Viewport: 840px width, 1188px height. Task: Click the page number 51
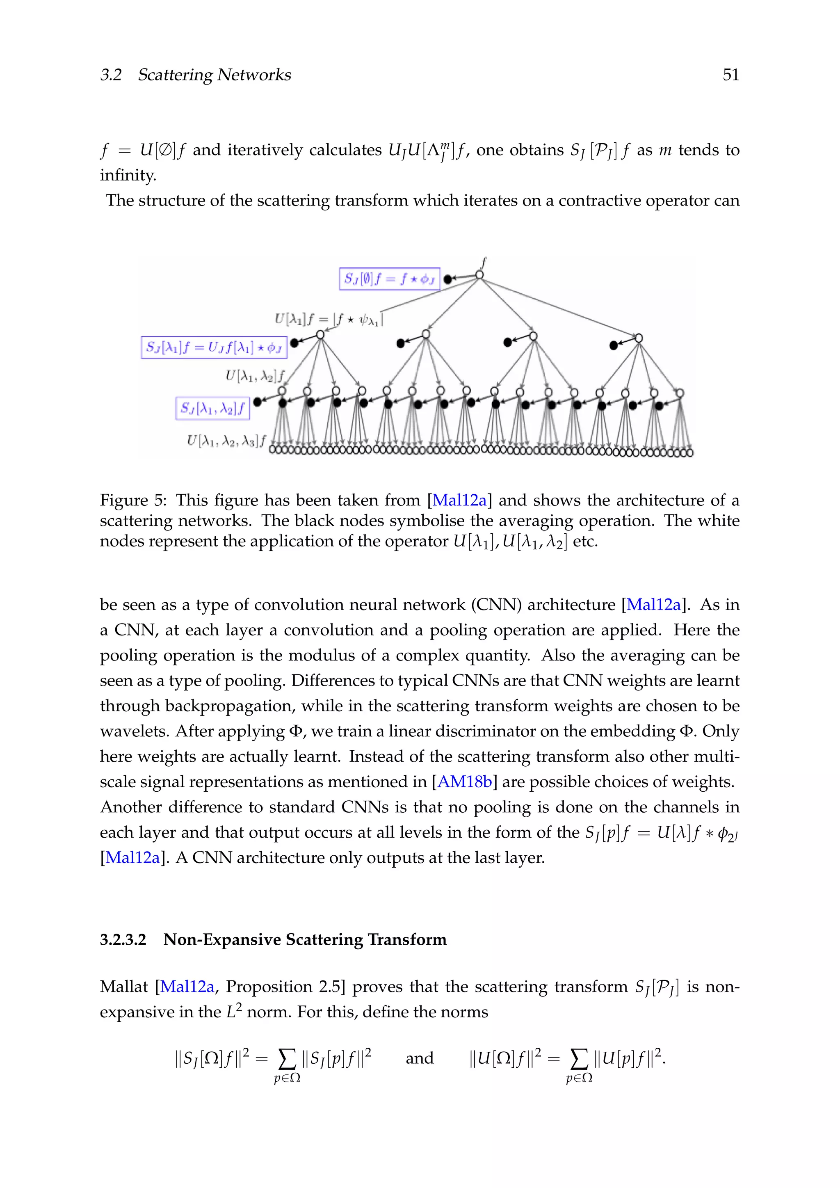click(x=730, y=75)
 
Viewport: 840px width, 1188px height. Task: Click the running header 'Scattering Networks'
click(x=214, y=75)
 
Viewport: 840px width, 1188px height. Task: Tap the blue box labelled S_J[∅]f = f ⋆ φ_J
click(x=390, y=279)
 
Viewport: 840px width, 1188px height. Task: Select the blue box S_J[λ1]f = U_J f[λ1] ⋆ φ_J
click(x=214, y=347)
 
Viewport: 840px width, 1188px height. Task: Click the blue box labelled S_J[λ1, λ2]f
click(x=212, y=409)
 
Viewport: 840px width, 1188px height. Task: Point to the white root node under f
click(x=479, y=275)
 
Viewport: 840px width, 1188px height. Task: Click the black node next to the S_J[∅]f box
click(x=448, y=279)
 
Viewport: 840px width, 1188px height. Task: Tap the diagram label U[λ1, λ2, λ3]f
click(x=226, y=441)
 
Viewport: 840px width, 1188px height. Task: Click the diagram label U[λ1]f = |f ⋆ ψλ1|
click(x=329, y=319)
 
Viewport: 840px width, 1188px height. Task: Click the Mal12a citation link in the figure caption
click(x=459, y=500)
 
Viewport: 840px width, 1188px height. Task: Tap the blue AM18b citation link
click(x=464, y=781)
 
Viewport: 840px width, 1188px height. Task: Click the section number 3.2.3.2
click(x=123, y=939)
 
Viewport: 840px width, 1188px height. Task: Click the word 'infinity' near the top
click(x=127, y=176)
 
